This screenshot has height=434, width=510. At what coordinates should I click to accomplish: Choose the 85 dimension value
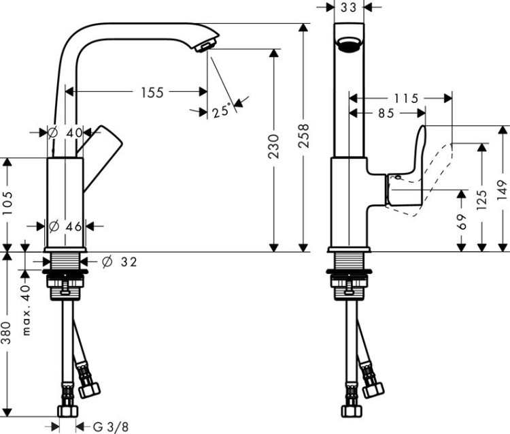click(x=386, y=114)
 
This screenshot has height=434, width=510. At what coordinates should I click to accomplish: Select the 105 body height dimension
click(x=7, y=204)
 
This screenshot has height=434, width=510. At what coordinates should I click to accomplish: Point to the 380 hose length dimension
click(x=7, y=332)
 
